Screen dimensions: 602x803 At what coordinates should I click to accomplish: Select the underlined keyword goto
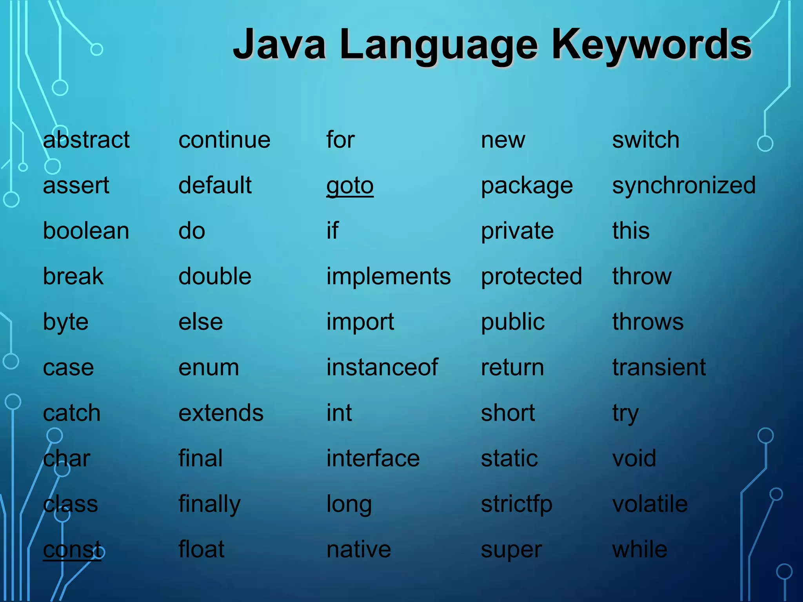point(350,186)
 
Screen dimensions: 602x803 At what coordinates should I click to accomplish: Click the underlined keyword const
point(72,549)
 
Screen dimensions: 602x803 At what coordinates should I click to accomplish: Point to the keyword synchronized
point(684,186)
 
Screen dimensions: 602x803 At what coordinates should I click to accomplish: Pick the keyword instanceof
point(382,368)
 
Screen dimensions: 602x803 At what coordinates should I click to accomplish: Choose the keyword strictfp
point(516,504)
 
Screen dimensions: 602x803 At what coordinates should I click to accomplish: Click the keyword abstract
point(86,140)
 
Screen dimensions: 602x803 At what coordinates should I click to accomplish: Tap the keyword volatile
point(650,504)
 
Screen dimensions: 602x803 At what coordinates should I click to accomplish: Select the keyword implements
point(389,277)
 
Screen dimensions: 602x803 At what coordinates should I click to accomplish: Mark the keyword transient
point(659,368)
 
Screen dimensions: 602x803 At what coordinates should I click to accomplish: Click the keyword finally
point(209,504)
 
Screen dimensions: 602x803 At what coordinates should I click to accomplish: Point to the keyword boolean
point(86,231)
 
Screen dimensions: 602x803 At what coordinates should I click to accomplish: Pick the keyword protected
point(531,277)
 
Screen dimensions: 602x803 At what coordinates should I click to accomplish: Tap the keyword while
point(639,549)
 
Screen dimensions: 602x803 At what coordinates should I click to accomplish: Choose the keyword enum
point(209,368)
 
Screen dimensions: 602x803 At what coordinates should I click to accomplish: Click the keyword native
point(358,549)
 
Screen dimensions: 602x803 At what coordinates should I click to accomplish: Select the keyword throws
point(648,322)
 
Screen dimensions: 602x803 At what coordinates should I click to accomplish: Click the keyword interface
point(373,459)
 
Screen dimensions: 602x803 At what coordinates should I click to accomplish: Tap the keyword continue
point(224,140)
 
